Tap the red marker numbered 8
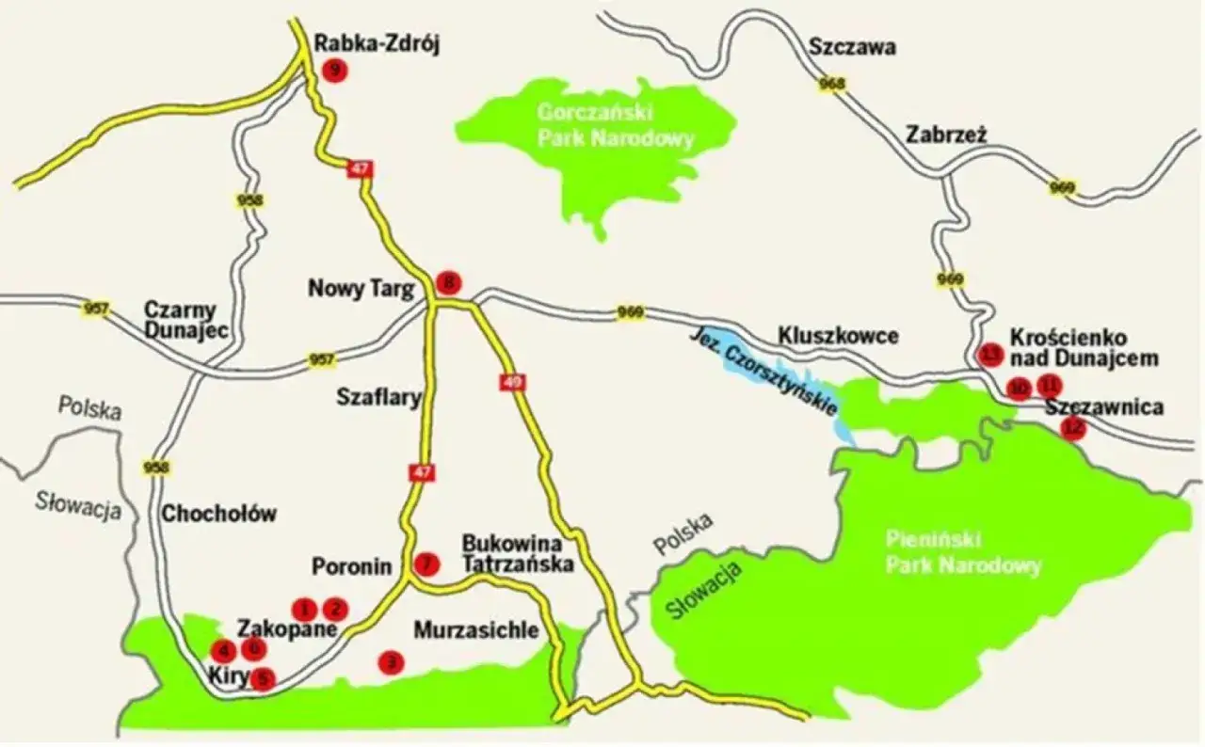click(450, 281)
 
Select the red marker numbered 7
click(426, 564)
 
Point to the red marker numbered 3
click(391, 662)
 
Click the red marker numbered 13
click(990, 354)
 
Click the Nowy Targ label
click(361, 289)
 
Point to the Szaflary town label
click(378, 398)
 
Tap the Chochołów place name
click(219, 514)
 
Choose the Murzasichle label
click(476, 629)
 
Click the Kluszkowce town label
click(839, 336)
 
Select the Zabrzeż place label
click(946, 134)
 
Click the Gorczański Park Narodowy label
click(616, 126)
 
